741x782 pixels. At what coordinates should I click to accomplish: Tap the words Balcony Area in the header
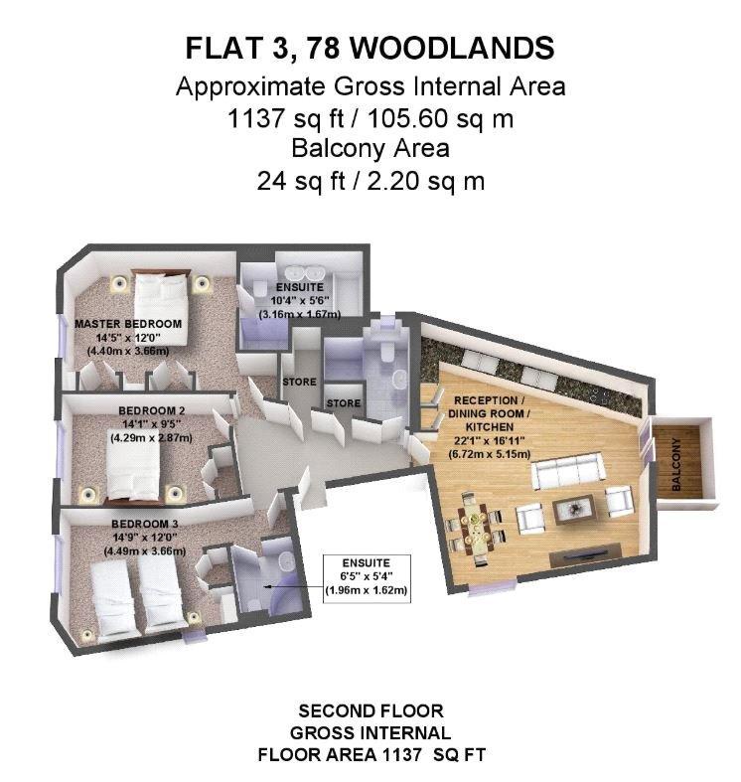point(370,150)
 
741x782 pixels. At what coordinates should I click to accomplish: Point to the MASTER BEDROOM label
point(128,324)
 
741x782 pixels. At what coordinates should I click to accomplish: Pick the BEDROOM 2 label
point(152,409)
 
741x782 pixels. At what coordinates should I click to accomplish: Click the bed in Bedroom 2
point(132,470)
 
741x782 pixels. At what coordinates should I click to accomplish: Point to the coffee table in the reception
point(577,510)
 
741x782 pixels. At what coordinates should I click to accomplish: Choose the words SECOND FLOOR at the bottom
point(370,711)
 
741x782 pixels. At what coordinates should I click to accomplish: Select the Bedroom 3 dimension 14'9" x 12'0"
point(138,538)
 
